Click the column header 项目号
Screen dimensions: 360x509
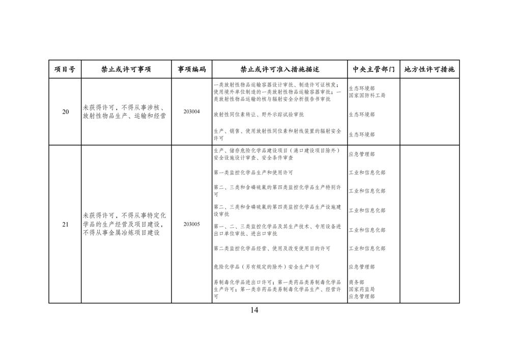click(65, 69)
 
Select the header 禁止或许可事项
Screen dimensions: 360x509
click(126, 69)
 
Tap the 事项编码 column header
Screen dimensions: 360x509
click(191, 69)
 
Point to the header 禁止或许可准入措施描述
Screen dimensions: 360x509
click(279, 69)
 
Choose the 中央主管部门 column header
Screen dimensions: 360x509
click(374, 69)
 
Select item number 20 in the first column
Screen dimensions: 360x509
click(65, 112)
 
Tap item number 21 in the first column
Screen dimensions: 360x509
click(65, 224)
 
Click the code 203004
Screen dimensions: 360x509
click(191, 112)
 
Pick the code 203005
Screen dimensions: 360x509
click(191, 224)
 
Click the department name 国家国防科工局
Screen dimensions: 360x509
click(367, 95)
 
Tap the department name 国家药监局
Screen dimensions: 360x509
click(362, 289)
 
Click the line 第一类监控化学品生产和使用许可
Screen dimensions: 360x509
click(253, 173)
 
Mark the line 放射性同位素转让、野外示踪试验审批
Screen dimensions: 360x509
click(259, 114)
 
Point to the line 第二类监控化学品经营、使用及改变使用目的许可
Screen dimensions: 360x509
click(272, 248)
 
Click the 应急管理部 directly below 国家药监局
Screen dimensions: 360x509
click(362, 296)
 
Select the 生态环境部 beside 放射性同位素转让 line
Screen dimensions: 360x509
click(362, 115)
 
